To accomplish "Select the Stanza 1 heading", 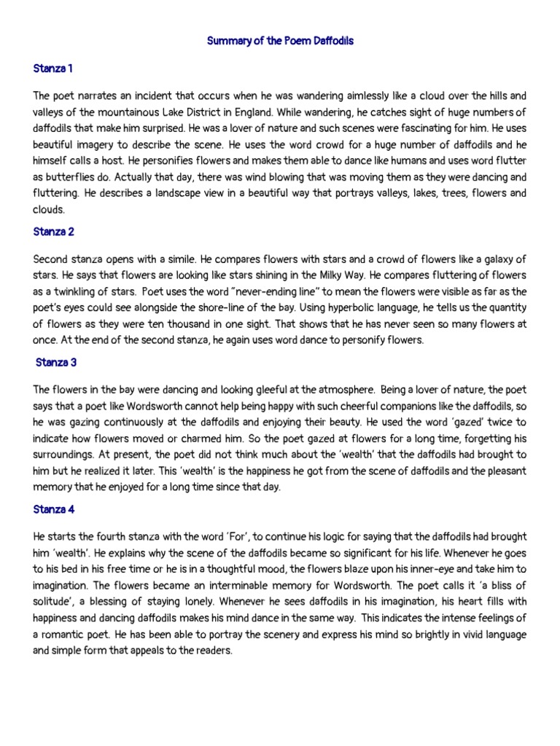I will coord(53,68).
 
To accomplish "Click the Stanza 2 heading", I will coord(54,232).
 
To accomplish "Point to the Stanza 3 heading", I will coord(55,362).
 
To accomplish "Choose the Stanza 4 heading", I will coord(54,510).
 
